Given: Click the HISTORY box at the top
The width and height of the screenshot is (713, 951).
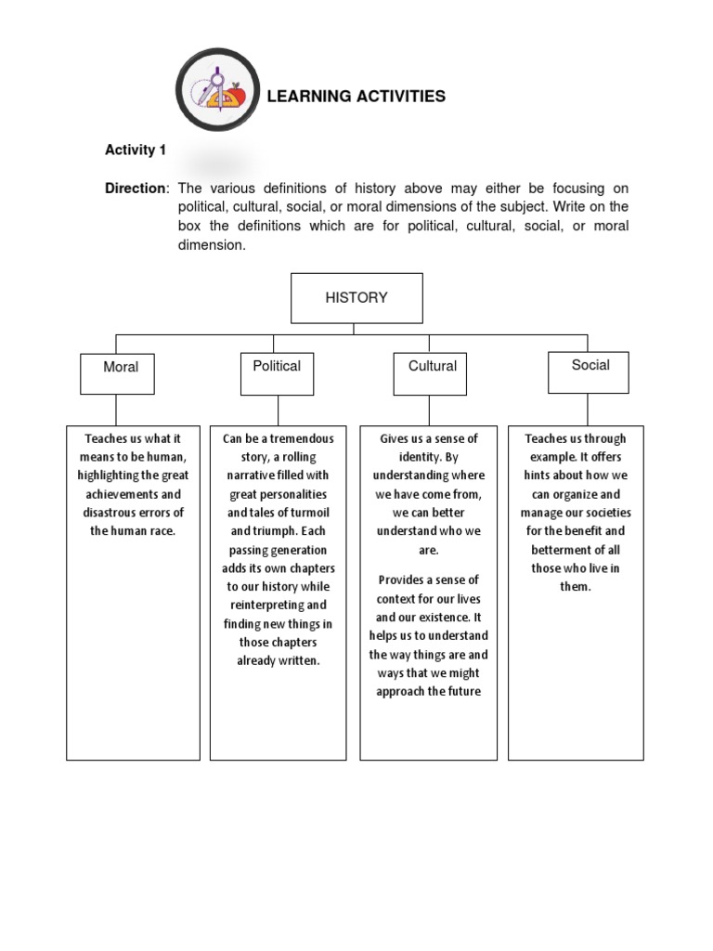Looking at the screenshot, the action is (356, 298).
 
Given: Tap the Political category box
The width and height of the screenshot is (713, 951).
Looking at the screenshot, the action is (277, 373).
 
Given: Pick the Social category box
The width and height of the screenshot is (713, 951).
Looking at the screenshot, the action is (588, 371).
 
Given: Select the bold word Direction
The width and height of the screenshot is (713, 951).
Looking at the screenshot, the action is (136, 189).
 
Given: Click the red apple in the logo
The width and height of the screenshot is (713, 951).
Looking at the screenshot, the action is (238, 94).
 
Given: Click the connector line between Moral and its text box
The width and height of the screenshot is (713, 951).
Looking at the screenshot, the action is (116, 410).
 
